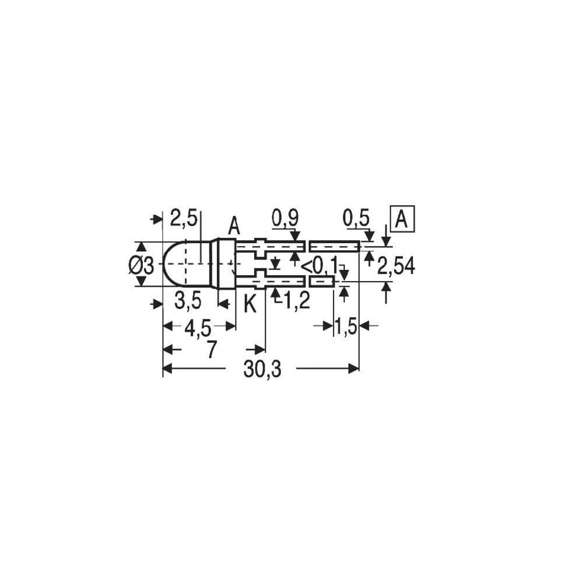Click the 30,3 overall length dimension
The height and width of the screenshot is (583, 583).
click(x=262, y=369)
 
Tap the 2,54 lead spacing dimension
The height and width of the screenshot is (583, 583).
click(x=396, y=266)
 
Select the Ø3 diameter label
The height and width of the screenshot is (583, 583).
click(x=141, y=265)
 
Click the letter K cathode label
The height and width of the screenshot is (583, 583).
click(x=250, y=304)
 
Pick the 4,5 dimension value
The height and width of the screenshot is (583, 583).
click(x=198, y=329)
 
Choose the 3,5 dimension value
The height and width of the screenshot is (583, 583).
click(x=188, y=301)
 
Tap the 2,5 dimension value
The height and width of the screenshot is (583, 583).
click(x=184, y=219)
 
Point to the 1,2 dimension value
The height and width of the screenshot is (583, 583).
click(x=296, y=301)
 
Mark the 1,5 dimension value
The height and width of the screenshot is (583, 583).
click(x=346, y=327)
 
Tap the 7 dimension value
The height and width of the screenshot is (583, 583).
click(x=211, y=350)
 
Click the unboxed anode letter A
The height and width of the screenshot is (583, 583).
click(x=234, y=226)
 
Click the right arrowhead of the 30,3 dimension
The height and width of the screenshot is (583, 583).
click(x=353, y=368)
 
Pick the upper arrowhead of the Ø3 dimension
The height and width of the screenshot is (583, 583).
click(x=141, y=247)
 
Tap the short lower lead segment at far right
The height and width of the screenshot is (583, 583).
click(x=321, y=282)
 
